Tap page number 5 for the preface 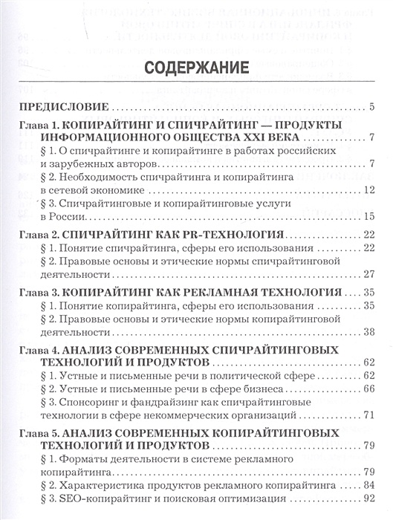369,108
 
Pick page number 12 366,191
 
